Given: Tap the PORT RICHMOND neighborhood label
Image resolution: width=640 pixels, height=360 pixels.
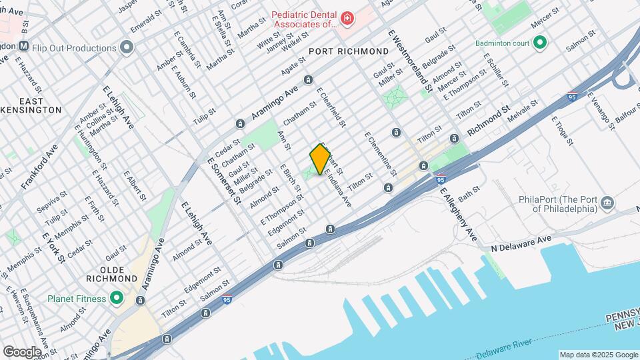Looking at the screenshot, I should coord(349,51).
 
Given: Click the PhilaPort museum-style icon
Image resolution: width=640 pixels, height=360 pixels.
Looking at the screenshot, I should coord(607,202).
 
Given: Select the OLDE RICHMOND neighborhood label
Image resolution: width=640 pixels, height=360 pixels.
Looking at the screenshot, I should coord(107,273).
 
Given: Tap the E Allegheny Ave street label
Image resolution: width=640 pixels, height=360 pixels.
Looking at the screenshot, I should coord(458,214).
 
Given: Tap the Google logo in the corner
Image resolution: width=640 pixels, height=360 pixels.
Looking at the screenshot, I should coord(22,351).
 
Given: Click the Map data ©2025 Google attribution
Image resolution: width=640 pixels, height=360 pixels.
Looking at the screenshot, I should coord(598,355).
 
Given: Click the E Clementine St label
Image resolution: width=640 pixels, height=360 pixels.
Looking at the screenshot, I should coord(379,154).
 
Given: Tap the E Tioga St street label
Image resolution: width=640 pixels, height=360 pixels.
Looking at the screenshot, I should coord(562,130).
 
